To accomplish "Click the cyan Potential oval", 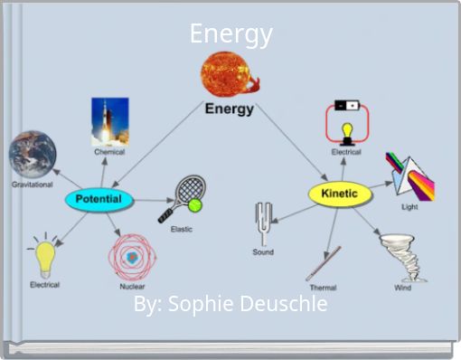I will (99, 199).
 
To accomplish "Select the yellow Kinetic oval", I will (338, 194).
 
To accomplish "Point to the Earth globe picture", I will (33, 154).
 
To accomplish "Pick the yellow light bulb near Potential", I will (45, 257).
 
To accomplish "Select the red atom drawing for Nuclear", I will (133, 256).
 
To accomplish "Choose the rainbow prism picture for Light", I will (410, 175).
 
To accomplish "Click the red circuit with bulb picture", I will (345, 124).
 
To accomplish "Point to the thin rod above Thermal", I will (323, 262).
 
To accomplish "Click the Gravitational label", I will (32, 185).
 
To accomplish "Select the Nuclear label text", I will (133, 287).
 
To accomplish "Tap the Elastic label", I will (182, 229).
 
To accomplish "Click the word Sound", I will (263, 252).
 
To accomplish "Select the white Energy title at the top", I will (230, 34).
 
